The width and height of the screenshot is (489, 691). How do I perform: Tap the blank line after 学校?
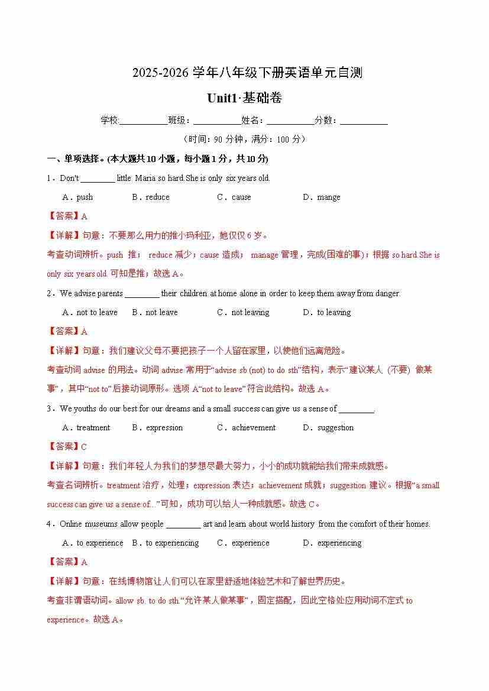144,121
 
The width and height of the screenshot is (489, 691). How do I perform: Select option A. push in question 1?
77,197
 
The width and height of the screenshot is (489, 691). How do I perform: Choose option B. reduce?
151,197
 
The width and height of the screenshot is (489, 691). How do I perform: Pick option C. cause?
234,197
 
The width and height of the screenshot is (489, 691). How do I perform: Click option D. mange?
322,197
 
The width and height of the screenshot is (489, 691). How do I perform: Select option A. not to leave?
90,313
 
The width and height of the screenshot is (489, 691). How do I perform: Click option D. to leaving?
327,313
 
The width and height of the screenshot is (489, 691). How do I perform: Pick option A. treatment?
86,428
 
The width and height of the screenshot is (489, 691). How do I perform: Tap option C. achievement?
247,428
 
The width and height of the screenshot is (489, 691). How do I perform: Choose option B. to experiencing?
166,543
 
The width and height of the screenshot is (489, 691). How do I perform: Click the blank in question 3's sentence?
357,409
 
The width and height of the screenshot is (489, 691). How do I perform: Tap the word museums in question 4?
101,524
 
